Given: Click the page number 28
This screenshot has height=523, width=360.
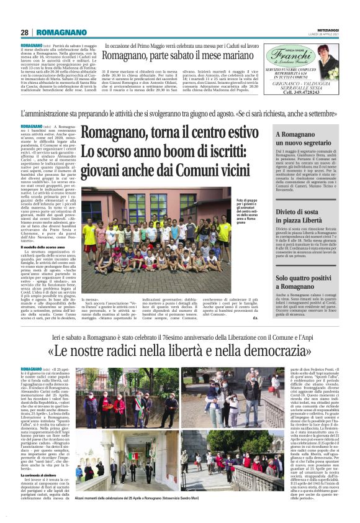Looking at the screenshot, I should tap(25, 32).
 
